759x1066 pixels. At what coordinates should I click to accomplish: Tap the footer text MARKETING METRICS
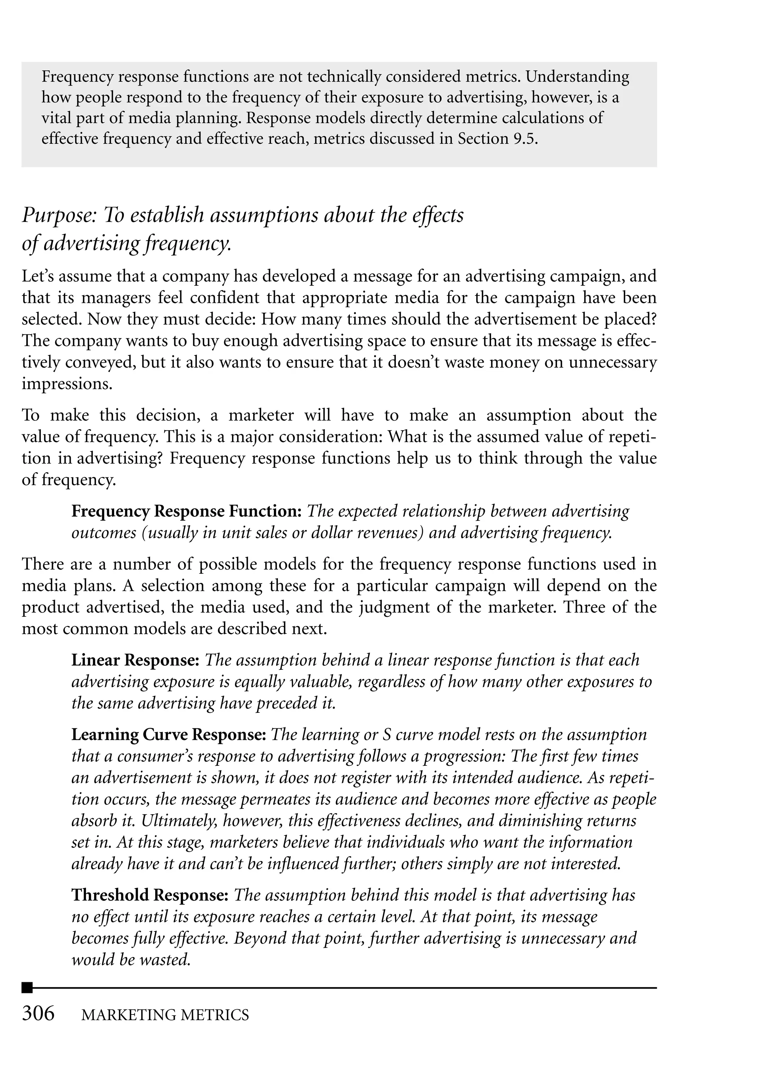tap(165, 1015)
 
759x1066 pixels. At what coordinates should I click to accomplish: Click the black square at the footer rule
tap(27, 987)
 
